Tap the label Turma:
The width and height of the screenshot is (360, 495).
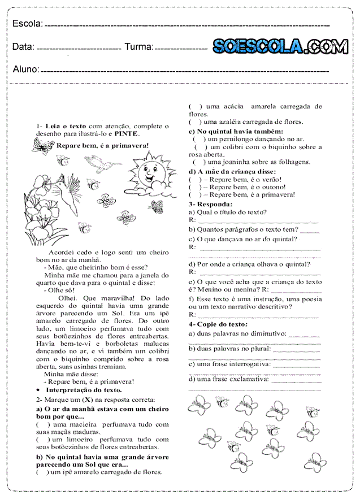pyautogui.click(x=138, y=47)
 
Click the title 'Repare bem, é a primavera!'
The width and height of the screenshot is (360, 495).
pyautogui.click(x=102, y=145)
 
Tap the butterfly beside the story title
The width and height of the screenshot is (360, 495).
pyautogui.click(x=43, y=146)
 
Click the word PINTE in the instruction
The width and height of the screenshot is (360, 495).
pyautogui.click(x=126, y=134)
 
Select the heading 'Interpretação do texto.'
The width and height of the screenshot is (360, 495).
pyautogui.click(x=84, y=390)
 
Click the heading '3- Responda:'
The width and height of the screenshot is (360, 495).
pyautogui.click(x=211, y=203)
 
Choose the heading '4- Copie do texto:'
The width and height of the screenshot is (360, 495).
pyautogui.click(x=218, y=324)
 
